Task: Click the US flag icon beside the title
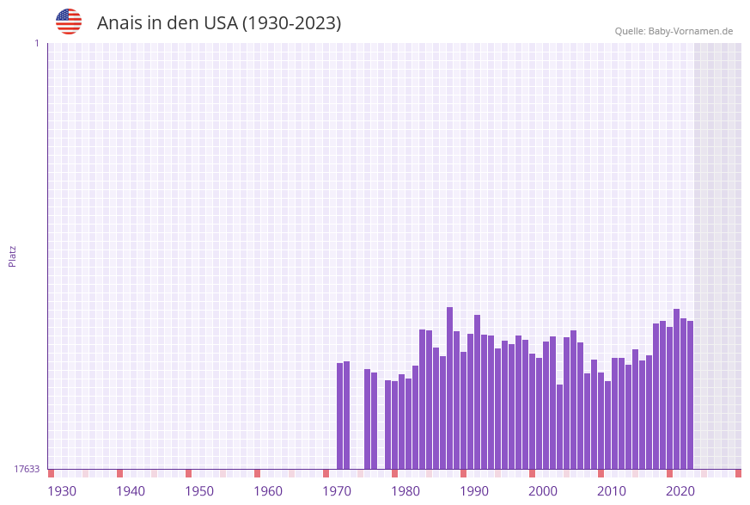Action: point(69,22)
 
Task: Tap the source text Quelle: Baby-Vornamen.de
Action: point(674,31)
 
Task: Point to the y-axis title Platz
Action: point(13,256)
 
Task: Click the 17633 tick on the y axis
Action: point(27,469)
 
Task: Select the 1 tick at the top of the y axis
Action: point(36,43)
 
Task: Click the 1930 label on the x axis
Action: point(62,491)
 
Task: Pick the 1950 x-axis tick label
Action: point(199,491)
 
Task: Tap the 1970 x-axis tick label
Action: point(337,491)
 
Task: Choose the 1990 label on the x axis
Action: point(474,491)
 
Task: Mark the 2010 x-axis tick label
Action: point(612,491)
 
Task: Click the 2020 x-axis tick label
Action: point(680,491)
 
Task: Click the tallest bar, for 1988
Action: point(449,388)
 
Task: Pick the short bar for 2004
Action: point(559,427)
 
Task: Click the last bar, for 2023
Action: point(690,395)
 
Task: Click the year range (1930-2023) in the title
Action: point(291,23)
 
